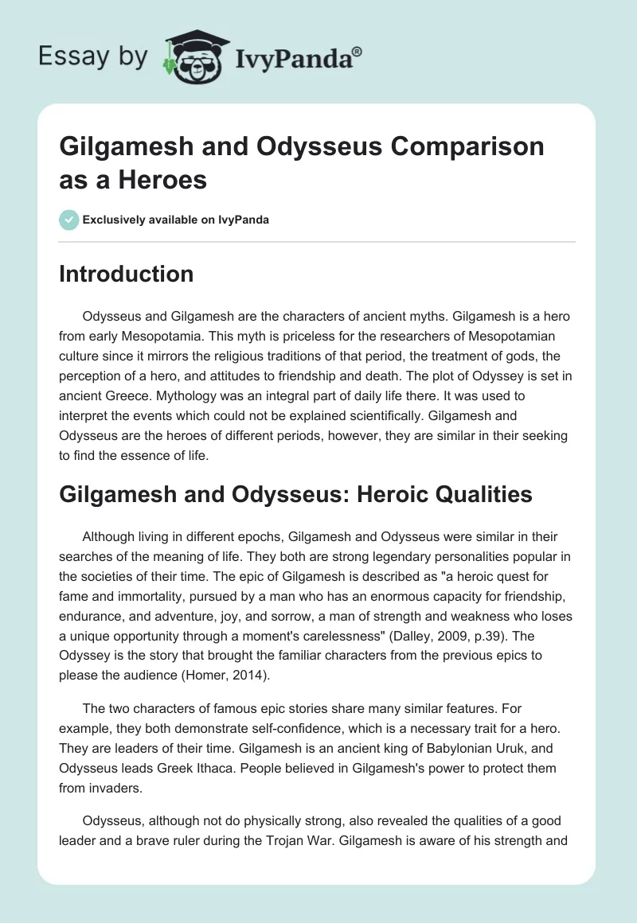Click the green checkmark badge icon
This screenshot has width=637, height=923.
(x=68, y=220)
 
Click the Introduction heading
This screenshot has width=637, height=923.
(x=127, y=274)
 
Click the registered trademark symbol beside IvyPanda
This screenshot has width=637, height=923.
(x=358, y=52)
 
